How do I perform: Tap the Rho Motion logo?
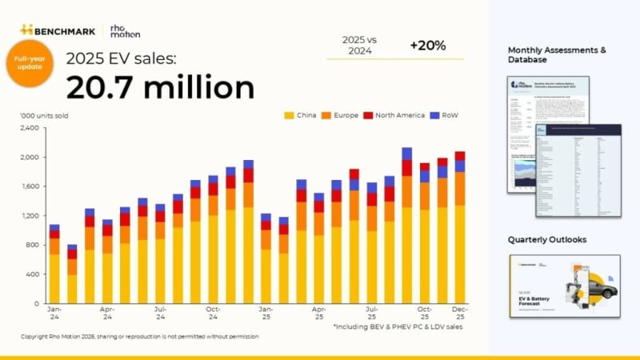point(125,30)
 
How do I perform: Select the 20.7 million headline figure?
point(159,86)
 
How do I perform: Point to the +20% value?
point(428,46)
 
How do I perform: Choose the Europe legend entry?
point(348,115)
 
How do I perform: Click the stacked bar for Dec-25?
point(460,232)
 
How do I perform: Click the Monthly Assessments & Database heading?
point(557,54)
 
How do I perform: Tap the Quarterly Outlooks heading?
point(546,239)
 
